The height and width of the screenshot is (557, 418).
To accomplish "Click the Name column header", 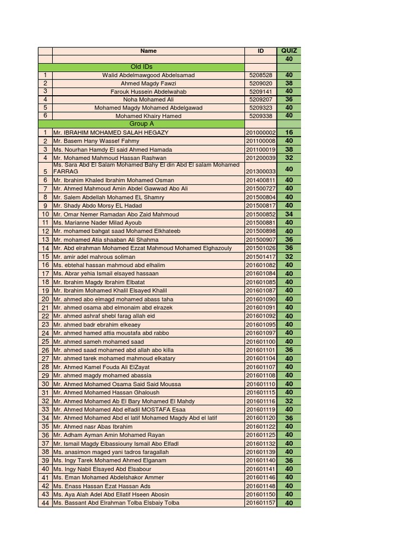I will [148, 51].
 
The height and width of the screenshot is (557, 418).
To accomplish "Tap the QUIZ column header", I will [289, 51].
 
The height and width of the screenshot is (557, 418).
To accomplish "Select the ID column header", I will [261, 51].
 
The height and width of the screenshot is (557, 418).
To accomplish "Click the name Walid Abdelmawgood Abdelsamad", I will [148, 75].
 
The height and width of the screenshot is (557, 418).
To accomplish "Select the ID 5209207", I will [261, 100].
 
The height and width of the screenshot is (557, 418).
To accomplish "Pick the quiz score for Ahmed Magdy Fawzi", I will [289, 83].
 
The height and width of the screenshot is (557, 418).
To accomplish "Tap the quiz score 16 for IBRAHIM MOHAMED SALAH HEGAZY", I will [289, 133].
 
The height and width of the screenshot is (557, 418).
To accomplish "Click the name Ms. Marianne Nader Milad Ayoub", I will [97, 222].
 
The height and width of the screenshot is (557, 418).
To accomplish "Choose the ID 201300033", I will [261, 171].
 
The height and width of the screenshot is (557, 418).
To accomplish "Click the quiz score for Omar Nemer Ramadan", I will [289, 214].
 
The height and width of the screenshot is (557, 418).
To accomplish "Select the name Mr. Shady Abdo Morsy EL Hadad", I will [97, 206].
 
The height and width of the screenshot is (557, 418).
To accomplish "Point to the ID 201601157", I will [261, 503].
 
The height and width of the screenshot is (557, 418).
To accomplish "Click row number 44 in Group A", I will [45, 503].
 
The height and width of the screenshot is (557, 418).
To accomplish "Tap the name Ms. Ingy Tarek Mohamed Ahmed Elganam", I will [110, 460].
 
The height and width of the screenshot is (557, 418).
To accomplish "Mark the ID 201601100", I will [261, 342].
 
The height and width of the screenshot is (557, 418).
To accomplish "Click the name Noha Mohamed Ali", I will [148, 100].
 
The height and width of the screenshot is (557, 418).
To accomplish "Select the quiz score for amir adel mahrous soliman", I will [289, 257].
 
